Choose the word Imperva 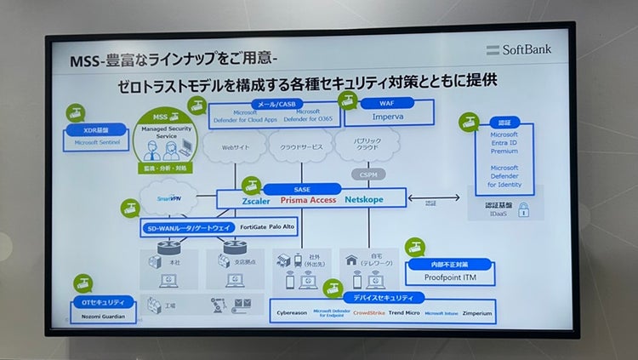pos(386,117)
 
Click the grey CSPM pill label pos(367,174)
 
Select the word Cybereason pos(296,313)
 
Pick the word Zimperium pos(483,313)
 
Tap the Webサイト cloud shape pos(235,147)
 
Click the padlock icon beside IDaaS pos(524,210)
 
